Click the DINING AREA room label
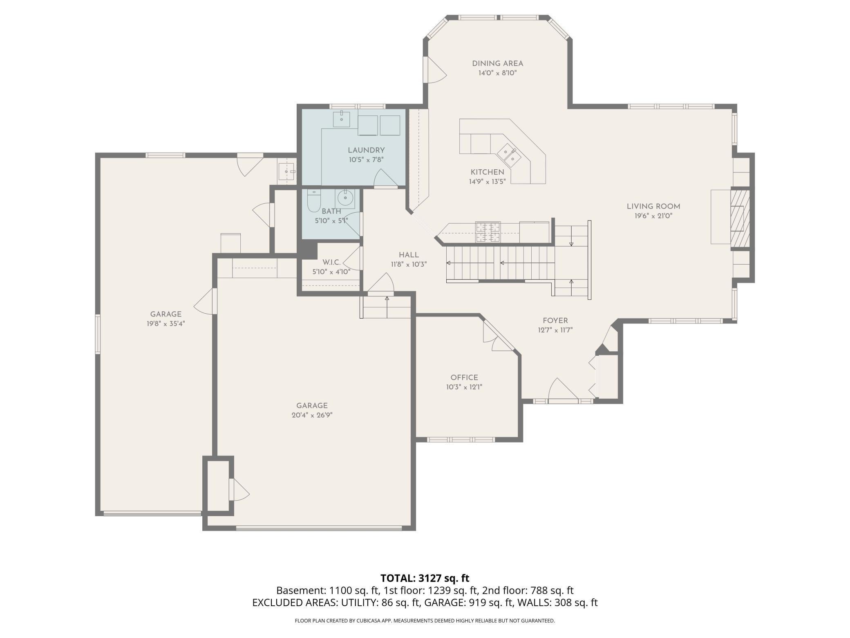497,63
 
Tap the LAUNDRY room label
366,150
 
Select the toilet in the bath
314,201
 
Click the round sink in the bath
345,199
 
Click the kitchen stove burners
488,232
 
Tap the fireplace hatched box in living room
740,218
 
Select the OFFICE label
464,377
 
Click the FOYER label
555,321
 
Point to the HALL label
409,255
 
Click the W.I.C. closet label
331,262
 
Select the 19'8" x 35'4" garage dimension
166,323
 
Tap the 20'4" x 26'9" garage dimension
312,415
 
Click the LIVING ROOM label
653,207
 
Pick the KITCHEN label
488,172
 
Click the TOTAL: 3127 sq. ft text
425,578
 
